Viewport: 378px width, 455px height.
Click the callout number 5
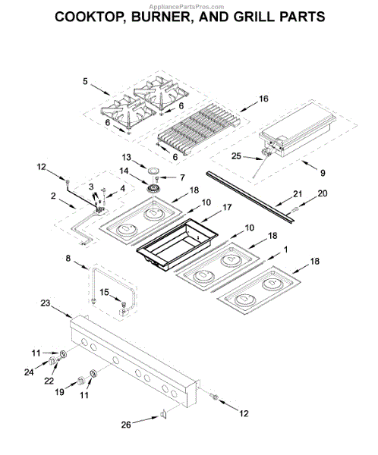pos(85,81)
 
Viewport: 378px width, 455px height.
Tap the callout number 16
pos(263,99)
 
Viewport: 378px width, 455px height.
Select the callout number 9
pos(323,173)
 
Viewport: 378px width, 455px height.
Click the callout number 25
pos(236,156)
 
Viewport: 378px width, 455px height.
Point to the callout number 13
pos(127,157)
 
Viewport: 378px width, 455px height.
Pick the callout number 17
pos(227,207)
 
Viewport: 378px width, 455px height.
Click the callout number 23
pos(46,303)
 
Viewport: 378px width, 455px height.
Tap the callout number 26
pos(126,425)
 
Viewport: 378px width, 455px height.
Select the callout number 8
pos(68,258)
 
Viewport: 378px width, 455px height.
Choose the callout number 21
pos(298,193)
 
